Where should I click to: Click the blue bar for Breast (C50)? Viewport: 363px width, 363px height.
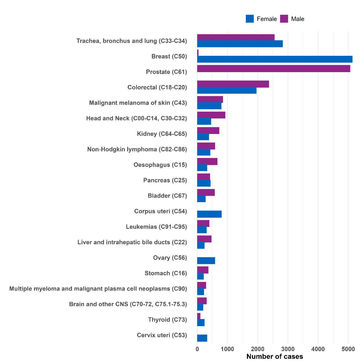[275, 59]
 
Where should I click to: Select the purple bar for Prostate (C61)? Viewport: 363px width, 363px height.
[274, 69]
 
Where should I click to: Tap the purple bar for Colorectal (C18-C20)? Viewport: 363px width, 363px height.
[233, 84]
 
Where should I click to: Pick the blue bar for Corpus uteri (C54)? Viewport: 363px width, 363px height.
[210, 214]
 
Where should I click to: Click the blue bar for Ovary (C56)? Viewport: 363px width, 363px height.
[206, 261]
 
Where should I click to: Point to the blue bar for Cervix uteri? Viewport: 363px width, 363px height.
[202, 338]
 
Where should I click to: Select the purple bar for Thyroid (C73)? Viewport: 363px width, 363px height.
[199, 316]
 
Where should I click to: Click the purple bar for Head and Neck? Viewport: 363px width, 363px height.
[211, 115]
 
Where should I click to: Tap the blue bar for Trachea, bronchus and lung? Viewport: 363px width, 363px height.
[240, 44]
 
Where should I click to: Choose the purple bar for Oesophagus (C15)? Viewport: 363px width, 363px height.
[207, 161]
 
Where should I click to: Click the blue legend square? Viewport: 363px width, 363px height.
[250, 19]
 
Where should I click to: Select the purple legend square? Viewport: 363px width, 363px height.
[284, 19]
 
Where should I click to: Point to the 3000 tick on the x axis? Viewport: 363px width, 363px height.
[288, 349]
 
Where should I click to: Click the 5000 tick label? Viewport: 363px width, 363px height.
[348, 349]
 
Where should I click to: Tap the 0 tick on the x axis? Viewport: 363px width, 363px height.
[197, 349]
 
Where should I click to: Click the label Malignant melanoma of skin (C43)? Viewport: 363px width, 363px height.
[138, 103]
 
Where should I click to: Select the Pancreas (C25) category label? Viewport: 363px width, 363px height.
[165, 180]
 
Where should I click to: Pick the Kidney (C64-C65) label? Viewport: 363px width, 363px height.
[162, 134]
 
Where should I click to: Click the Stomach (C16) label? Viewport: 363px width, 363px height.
[166, 273]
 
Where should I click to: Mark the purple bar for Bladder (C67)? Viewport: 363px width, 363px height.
[206, 192]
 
